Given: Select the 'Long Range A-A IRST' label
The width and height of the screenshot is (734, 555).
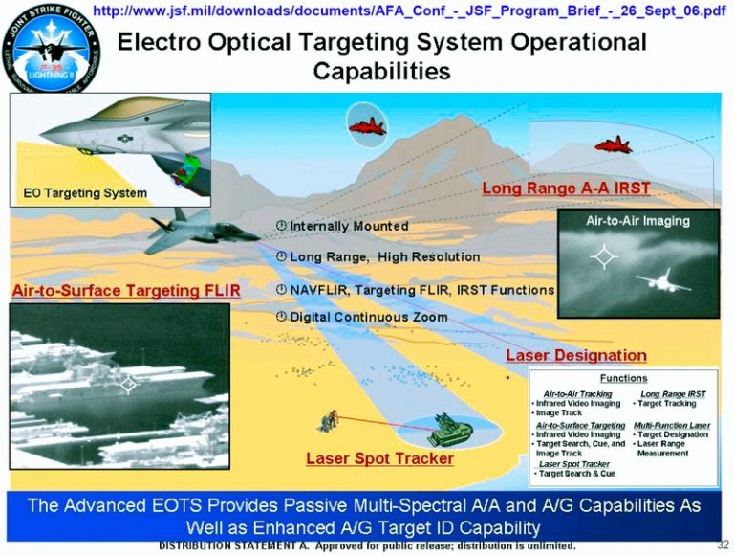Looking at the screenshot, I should coord(566,189).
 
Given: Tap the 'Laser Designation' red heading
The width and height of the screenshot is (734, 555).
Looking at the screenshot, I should coord(575,355).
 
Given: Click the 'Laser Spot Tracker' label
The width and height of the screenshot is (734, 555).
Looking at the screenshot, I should coord(379,458).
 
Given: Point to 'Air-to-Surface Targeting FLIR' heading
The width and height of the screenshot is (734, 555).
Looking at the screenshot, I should coord(125,290).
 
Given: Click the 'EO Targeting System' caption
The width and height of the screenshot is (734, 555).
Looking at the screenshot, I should coord(86,193).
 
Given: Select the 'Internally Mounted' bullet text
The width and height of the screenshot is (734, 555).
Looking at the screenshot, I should coord(348,226).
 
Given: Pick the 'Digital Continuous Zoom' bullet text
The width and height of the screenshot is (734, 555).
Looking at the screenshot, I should coord(368,317).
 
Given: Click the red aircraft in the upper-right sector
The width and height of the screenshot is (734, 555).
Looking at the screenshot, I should coord(613,144).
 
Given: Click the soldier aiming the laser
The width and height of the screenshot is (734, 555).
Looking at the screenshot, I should coord(330,419).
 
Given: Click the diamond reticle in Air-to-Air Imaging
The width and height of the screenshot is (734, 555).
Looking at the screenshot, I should coord(602,256).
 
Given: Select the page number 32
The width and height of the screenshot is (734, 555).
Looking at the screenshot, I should coord(723,544).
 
